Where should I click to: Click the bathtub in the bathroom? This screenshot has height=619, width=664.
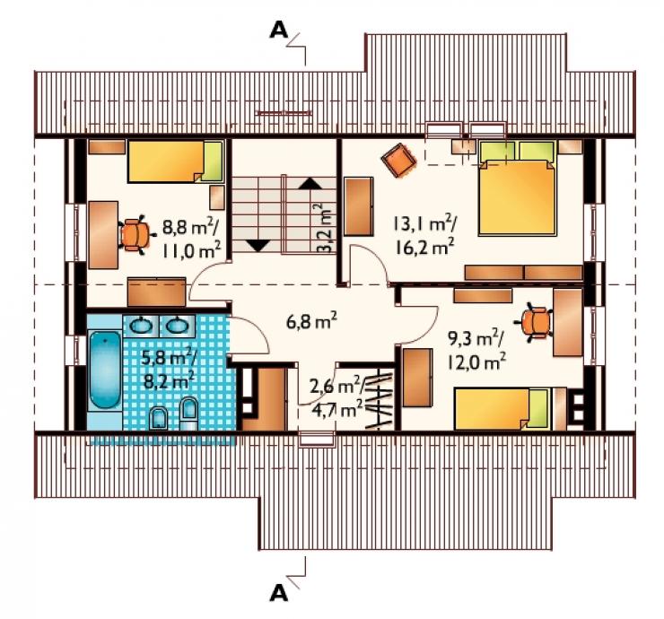[105, 370]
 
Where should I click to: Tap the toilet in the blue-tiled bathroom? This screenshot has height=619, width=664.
[188, 414]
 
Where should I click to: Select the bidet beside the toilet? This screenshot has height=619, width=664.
[159, 418]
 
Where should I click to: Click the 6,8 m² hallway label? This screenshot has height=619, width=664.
[311, 322]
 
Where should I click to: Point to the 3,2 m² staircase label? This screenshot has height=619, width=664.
[325, 228]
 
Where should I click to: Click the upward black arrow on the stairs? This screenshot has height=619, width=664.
[310, 183]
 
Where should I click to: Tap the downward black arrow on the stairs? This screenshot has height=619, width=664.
[257, 245]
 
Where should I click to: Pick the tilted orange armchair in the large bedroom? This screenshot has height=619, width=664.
[398, 160]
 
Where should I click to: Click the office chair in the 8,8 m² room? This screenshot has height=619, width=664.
[135, 234]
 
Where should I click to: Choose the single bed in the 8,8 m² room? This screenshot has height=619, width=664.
[175, 161]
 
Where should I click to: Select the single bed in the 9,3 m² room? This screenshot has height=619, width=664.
[502, 408]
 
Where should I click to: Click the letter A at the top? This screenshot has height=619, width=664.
[279, 31]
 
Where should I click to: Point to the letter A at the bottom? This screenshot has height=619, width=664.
[279, 593]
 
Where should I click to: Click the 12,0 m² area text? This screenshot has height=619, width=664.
[477, 362]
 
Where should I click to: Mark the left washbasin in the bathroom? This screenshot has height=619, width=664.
[141, 326]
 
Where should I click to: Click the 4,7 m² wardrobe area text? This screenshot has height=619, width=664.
[337, 409]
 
